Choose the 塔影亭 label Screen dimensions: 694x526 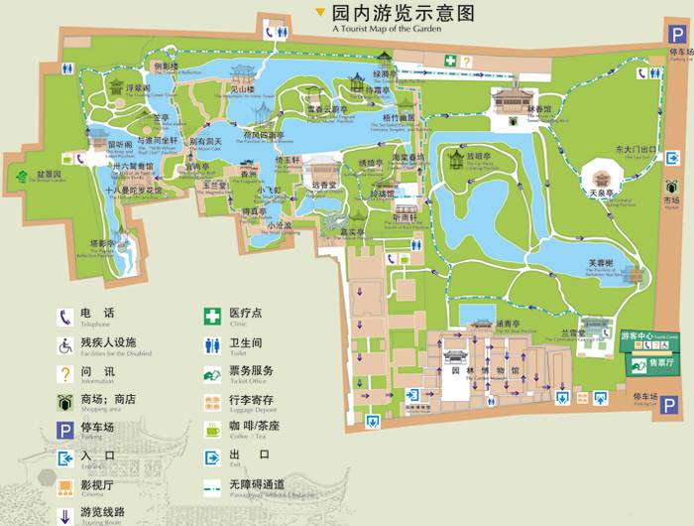[x=104, y=242]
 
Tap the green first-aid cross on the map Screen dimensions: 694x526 [x=450, y=61]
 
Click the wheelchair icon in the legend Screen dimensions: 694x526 [x=65, y=343]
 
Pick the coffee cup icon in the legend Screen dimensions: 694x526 [x=211, y=427]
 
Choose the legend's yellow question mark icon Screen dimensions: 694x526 [x=65, y=372]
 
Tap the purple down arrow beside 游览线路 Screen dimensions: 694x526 [x=65, y=515]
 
